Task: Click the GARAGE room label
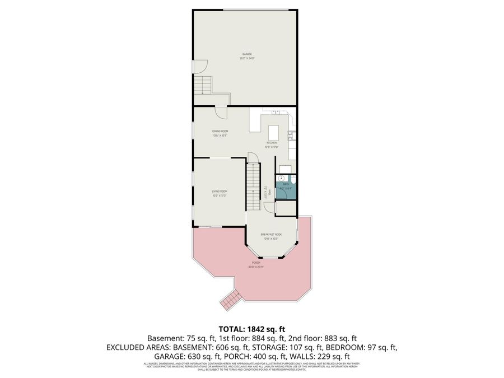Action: pyautogui.click(x=247, y=54)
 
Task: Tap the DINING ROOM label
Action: pyautogui.click(x=220, y=131)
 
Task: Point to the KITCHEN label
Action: pyautogui.click(x=272, y=143)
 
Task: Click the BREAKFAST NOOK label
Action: pyautogui.click(x=271, y=235)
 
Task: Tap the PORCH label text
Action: pyautogui.click(x=256, y=262)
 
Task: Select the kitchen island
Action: pyautogui.click(x=273, y=133)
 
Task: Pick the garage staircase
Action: pyautogui.click(x=203, y=85)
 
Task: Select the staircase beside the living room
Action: pyautogui.click(x=254, y=184)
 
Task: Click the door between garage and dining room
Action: pyautogui.click(x=222, y=111)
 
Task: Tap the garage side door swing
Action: pyautogui.click(x=197, y=66)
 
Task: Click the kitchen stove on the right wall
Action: pyautogui.click(x=291, y=135)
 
